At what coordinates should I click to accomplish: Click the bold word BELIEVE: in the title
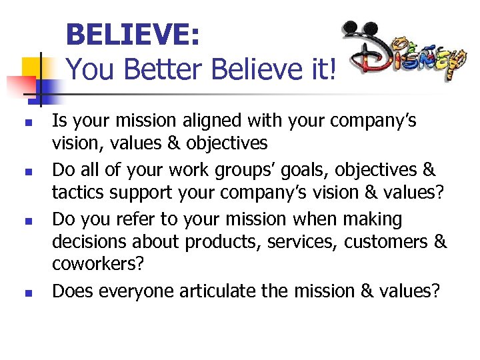click(x=133, y=34)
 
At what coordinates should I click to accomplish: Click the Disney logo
click(x=403, y=54)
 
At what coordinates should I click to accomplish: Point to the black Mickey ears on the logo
click(x=359, y=34)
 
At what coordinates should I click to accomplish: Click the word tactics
click(x=77, y=193)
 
